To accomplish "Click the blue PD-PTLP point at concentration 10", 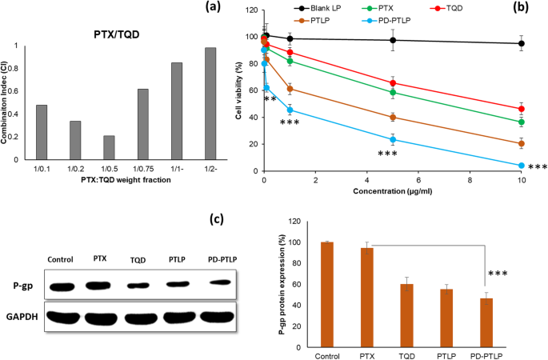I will (x=522, y=166).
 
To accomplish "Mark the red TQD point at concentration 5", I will (x=393, y=83).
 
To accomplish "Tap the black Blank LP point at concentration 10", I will (x=522, y=44).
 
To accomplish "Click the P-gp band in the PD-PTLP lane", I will (x=216, y=281).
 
